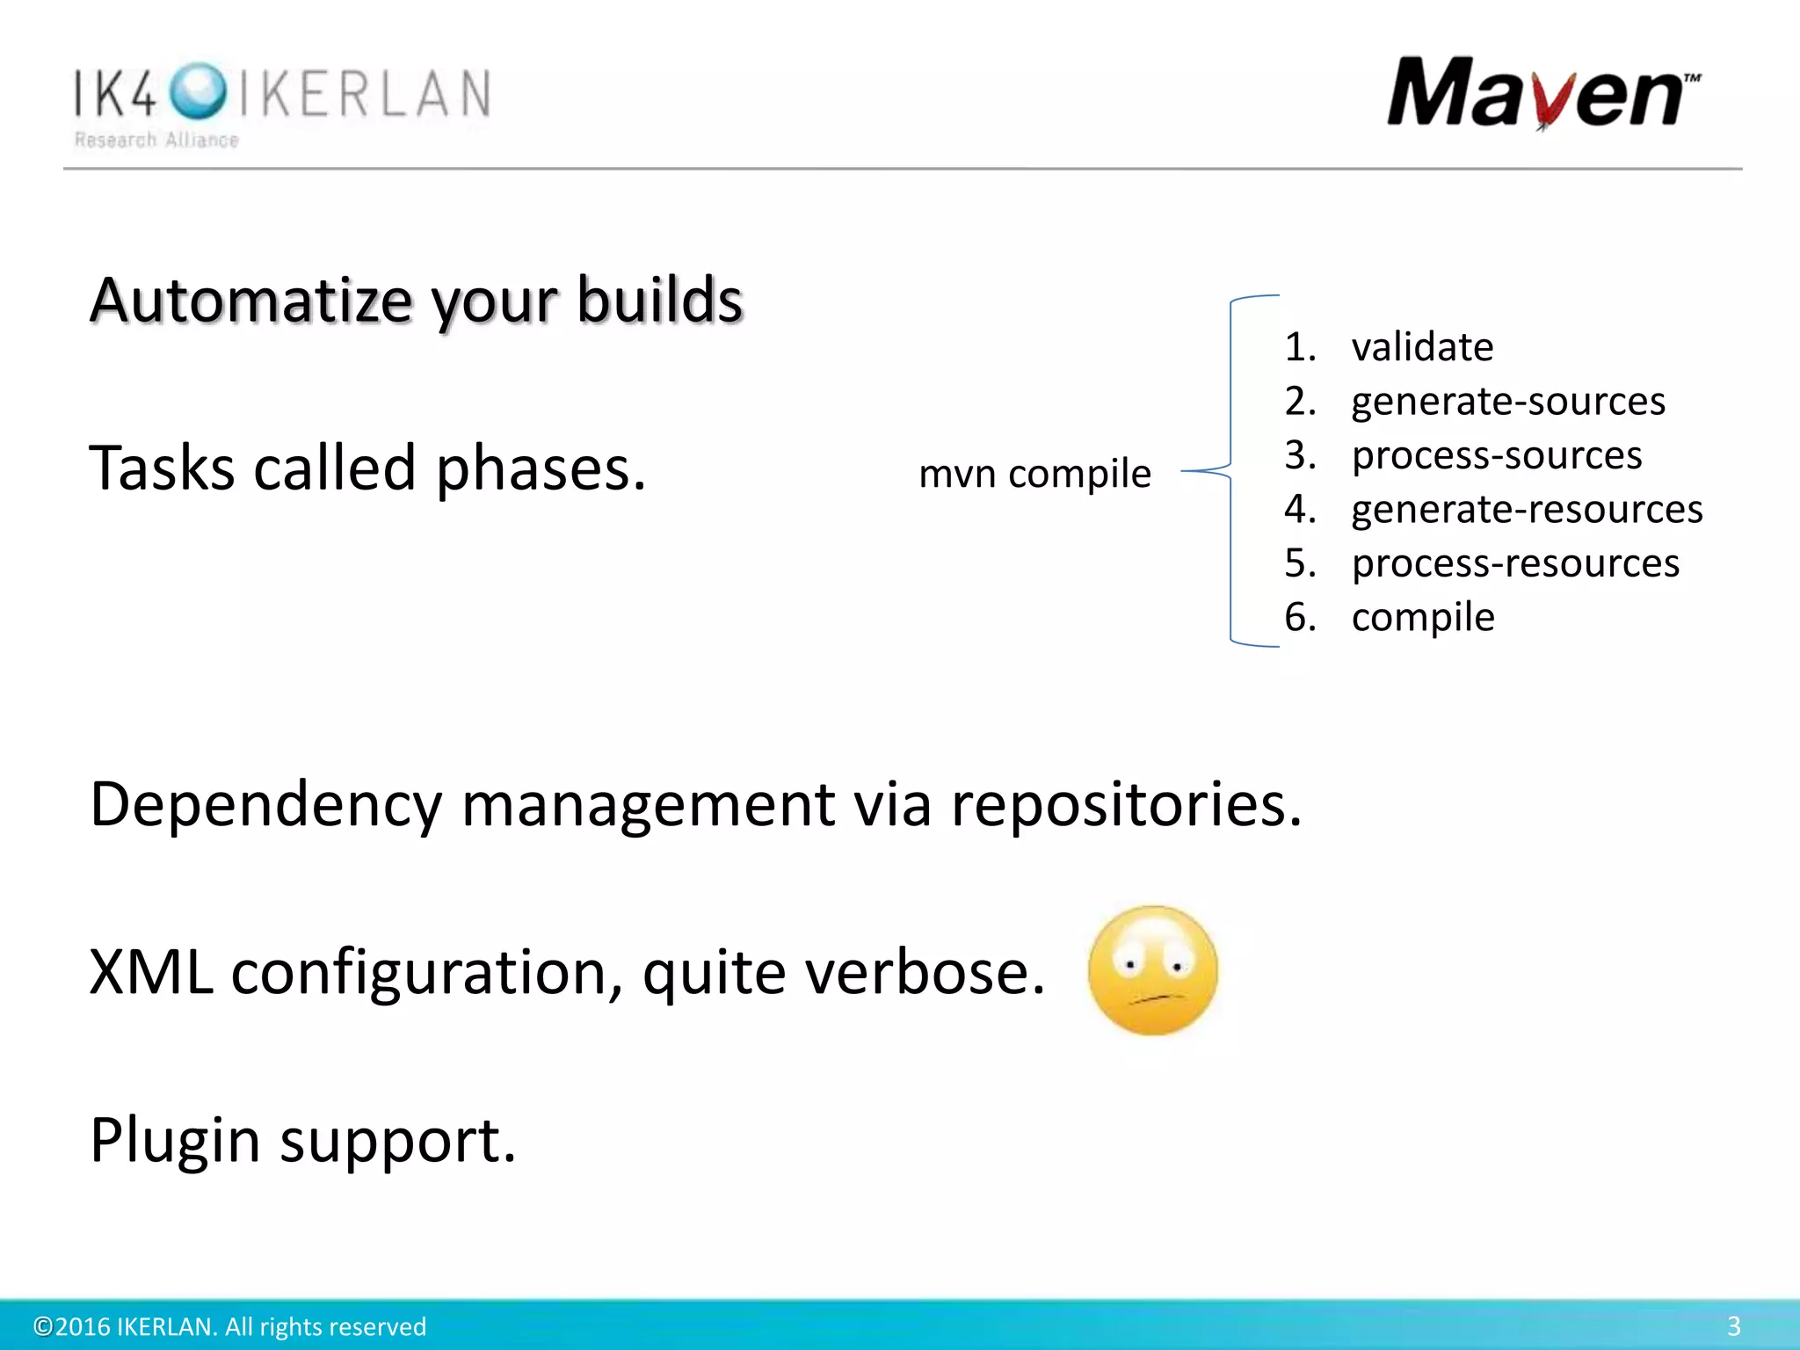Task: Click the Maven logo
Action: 1542,92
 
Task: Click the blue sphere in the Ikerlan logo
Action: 198,91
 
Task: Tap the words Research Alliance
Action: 156,141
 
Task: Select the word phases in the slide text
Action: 540,468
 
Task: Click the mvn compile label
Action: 1034,474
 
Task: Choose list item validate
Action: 1421,347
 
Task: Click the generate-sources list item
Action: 1507,402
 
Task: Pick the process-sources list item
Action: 1496,455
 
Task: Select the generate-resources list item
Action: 1527,510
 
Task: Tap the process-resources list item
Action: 1514,563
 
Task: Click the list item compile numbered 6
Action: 1422,617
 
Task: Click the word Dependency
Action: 265,804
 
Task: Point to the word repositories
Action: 1125,804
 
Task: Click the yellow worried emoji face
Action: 1152,970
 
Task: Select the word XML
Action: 151,972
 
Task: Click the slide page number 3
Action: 1733,1325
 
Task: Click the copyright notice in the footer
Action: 229,1326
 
